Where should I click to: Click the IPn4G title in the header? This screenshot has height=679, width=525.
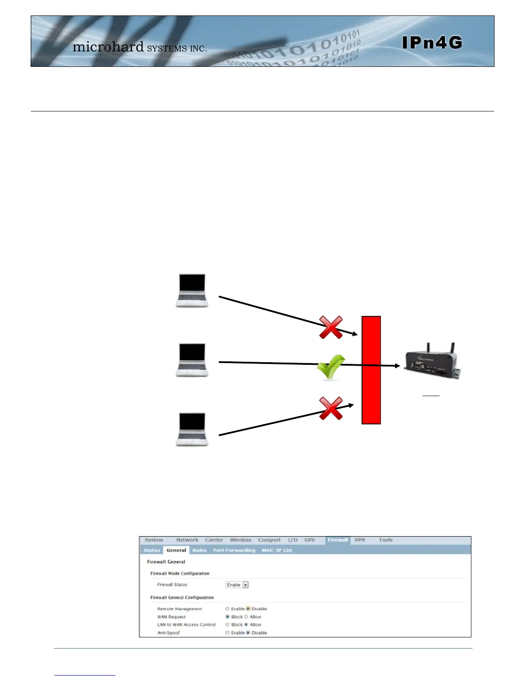point(432,43)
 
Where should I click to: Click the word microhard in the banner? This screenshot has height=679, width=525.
point(108,47)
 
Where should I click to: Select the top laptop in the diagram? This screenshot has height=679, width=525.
point(192,290)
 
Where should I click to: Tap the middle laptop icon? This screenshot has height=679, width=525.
point(192,360)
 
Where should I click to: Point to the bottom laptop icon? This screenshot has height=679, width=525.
point(192,430)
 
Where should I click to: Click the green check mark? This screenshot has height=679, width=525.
point(330,367)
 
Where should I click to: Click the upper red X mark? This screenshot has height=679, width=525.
point(331,327)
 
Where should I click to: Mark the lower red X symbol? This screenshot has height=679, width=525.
point(331,408)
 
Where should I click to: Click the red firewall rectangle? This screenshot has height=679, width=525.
point(371,370)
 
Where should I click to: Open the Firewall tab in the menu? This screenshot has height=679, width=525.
point(338,540)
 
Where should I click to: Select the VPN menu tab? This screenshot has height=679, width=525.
point(359,540)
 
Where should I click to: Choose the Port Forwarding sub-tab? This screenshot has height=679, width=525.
point(234,550)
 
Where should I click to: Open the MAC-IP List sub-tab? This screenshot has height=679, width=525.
point(277,550)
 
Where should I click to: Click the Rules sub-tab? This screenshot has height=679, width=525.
point(199,550)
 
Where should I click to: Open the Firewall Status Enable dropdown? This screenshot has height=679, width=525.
point(237,585)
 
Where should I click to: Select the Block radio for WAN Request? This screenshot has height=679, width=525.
point(228,617)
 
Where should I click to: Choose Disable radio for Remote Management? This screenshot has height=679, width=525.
point(248,609)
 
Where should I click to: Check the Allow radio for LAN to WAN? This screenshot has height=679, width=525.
point(246,625)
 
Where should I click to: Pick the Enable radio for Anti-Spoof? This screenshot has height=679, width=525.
point(228,633)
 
